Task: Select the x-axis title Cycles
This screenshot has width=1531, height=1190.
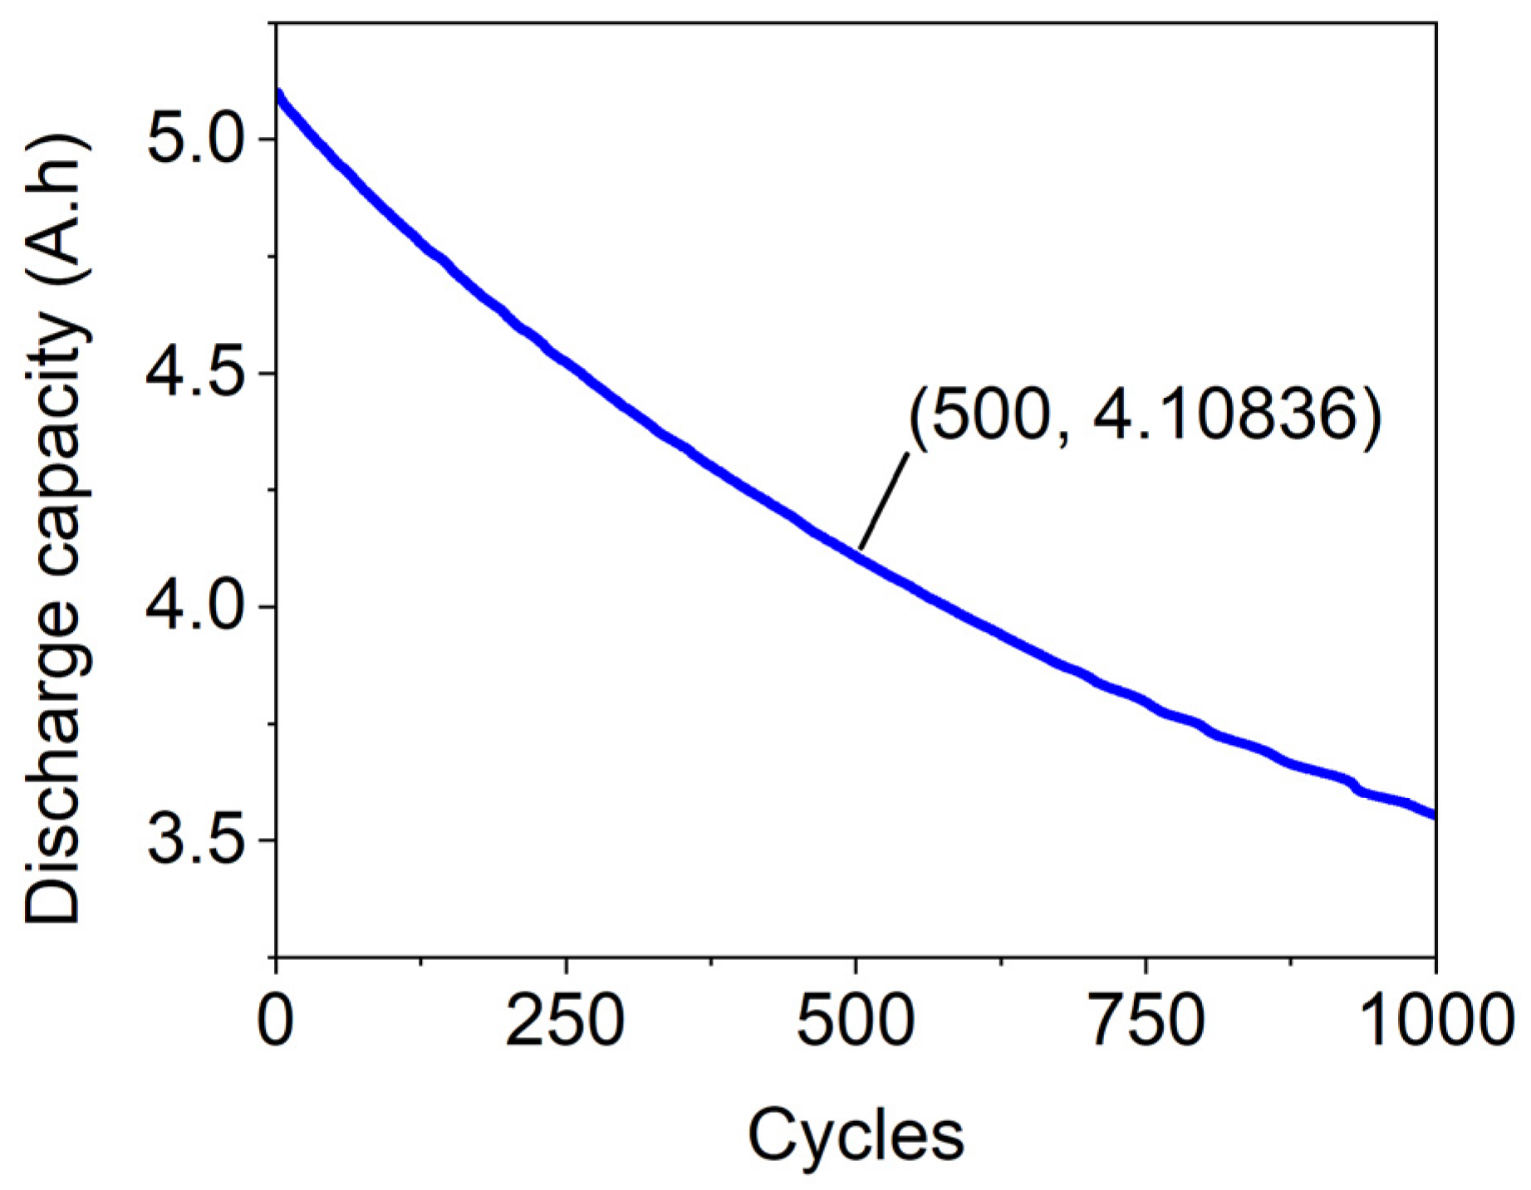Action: click(x=856, y=1136)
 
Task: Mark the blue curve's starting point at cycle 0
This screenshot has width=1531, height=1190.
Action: click(x=278, y=93)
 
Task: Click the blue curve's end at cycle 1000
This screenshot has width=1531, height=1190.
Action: click(x=1433, y=816)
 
